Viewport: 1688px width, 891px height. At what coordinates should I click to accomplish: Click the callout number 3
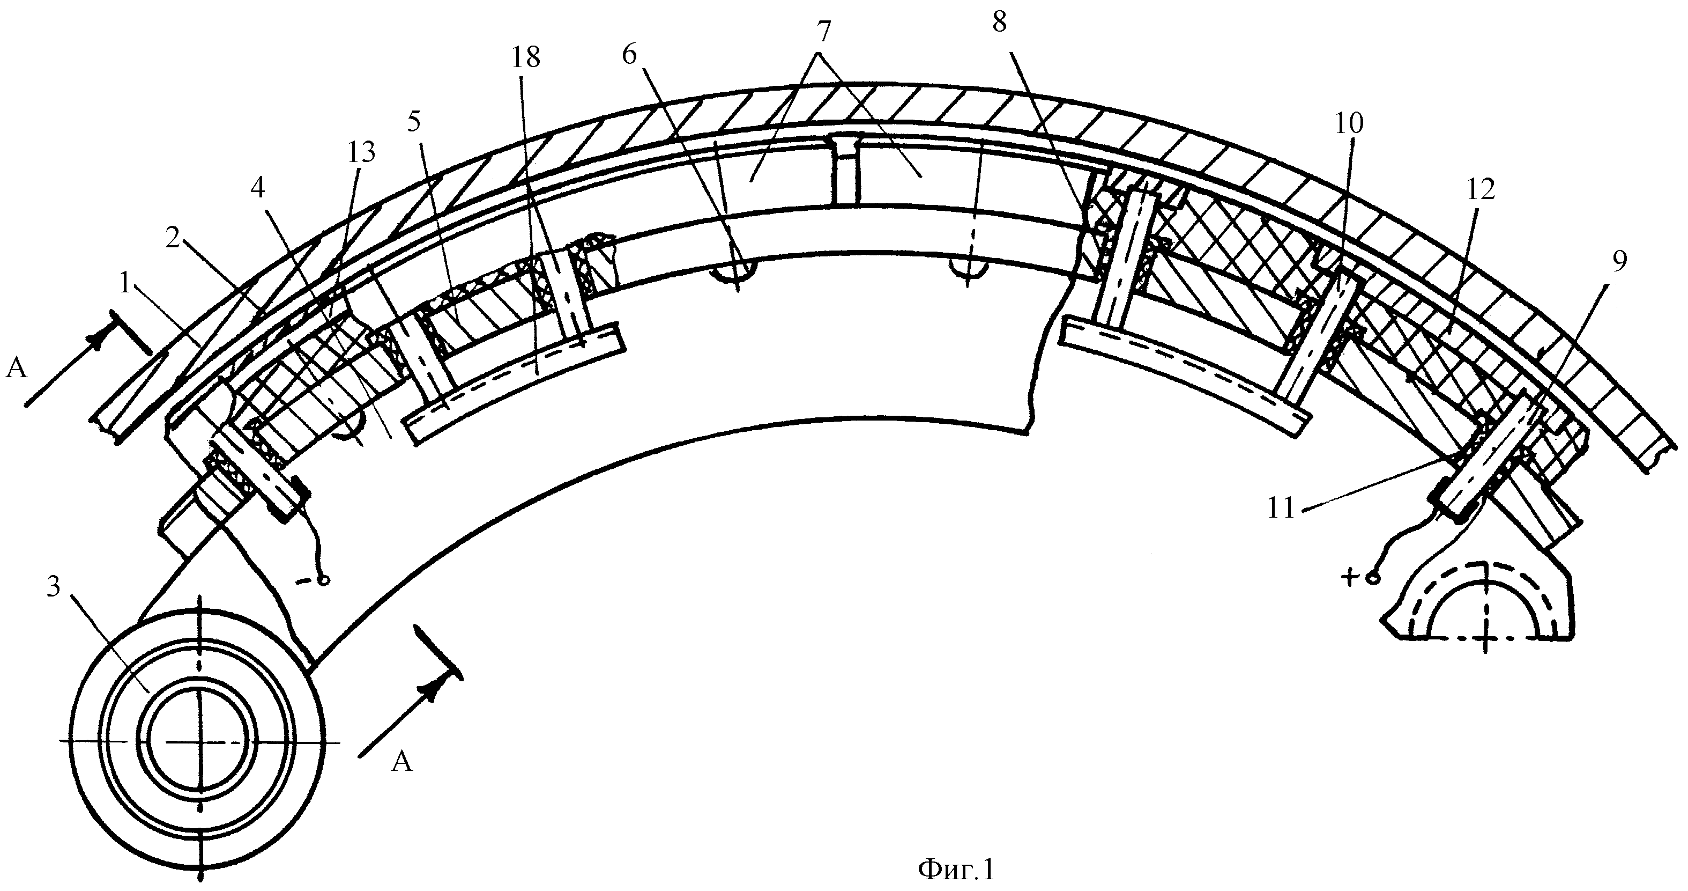coord(54,587)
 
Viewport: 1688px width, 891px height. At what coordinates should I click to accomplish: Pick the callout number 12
coord(1481,189)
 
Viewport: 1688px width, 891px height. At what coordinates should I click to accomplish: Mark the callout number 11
coord(1282,508)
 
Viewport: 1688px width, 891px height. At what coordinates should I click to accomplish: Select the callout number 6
coord(629,55)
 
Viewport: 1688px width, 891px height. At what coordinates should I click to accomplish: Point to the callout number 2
coord(173,239)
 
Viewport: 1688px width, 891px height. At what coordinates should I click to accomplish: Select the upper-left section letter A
coord(17,369)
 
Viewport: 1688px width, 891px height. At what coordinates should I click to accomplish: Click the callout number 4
coord(258,188)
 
